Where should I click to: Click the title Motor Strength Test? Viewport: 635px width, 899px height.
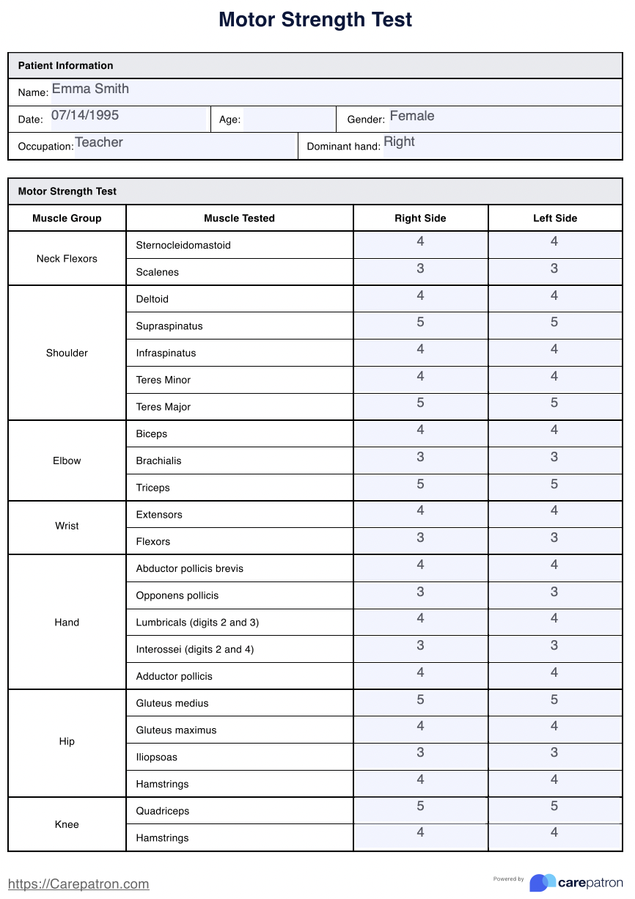[315, 20]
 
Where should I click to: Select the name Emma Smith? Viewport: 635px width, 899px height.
[90, 89]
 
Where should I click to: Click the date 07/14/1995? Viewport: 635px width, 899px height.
[85, 116]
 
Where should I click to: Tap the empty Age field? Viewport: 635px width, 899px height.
[288, 120]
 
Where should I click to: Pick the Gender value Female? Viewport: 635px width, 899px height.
[411, 117]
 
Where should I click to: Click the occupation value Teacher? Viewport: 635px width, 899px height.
[99, 143]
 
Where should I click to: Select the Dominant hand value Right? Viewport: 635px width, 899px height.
[399, 142]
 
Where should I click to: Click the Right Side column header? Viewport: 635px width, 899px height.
[420, 219]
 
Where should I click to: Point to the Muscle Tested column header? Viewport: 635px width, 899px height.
[239, 219]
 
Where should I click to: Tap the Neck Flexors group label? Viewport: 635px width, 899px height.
[67, 259]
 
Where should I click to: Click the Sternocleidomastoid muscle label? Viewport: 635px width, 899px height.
[183, 246]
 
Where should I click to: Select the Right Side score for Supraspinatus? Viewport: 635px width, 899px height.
[420, 323]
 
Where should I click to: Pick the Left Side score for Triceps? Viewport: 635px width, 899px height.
[554, 485]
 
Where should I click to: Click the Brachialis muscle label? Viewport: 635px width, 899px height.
[158, 461]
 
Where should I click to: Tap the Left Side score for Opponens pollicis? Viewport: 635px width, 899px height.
[554, 592]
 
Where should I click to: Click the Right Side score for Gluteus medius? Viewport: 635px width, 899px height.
[420, 700]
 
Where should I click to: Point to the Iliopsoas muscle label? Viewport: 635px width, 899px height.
[156, 757]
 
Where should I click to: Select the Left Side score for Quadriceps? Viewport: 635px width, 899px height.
[554, 807]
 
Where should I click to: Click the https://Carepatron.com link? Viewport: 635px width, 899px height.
[78, 884]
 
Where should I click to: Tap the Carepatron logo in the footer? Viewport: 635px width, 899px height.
[576, 882]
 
